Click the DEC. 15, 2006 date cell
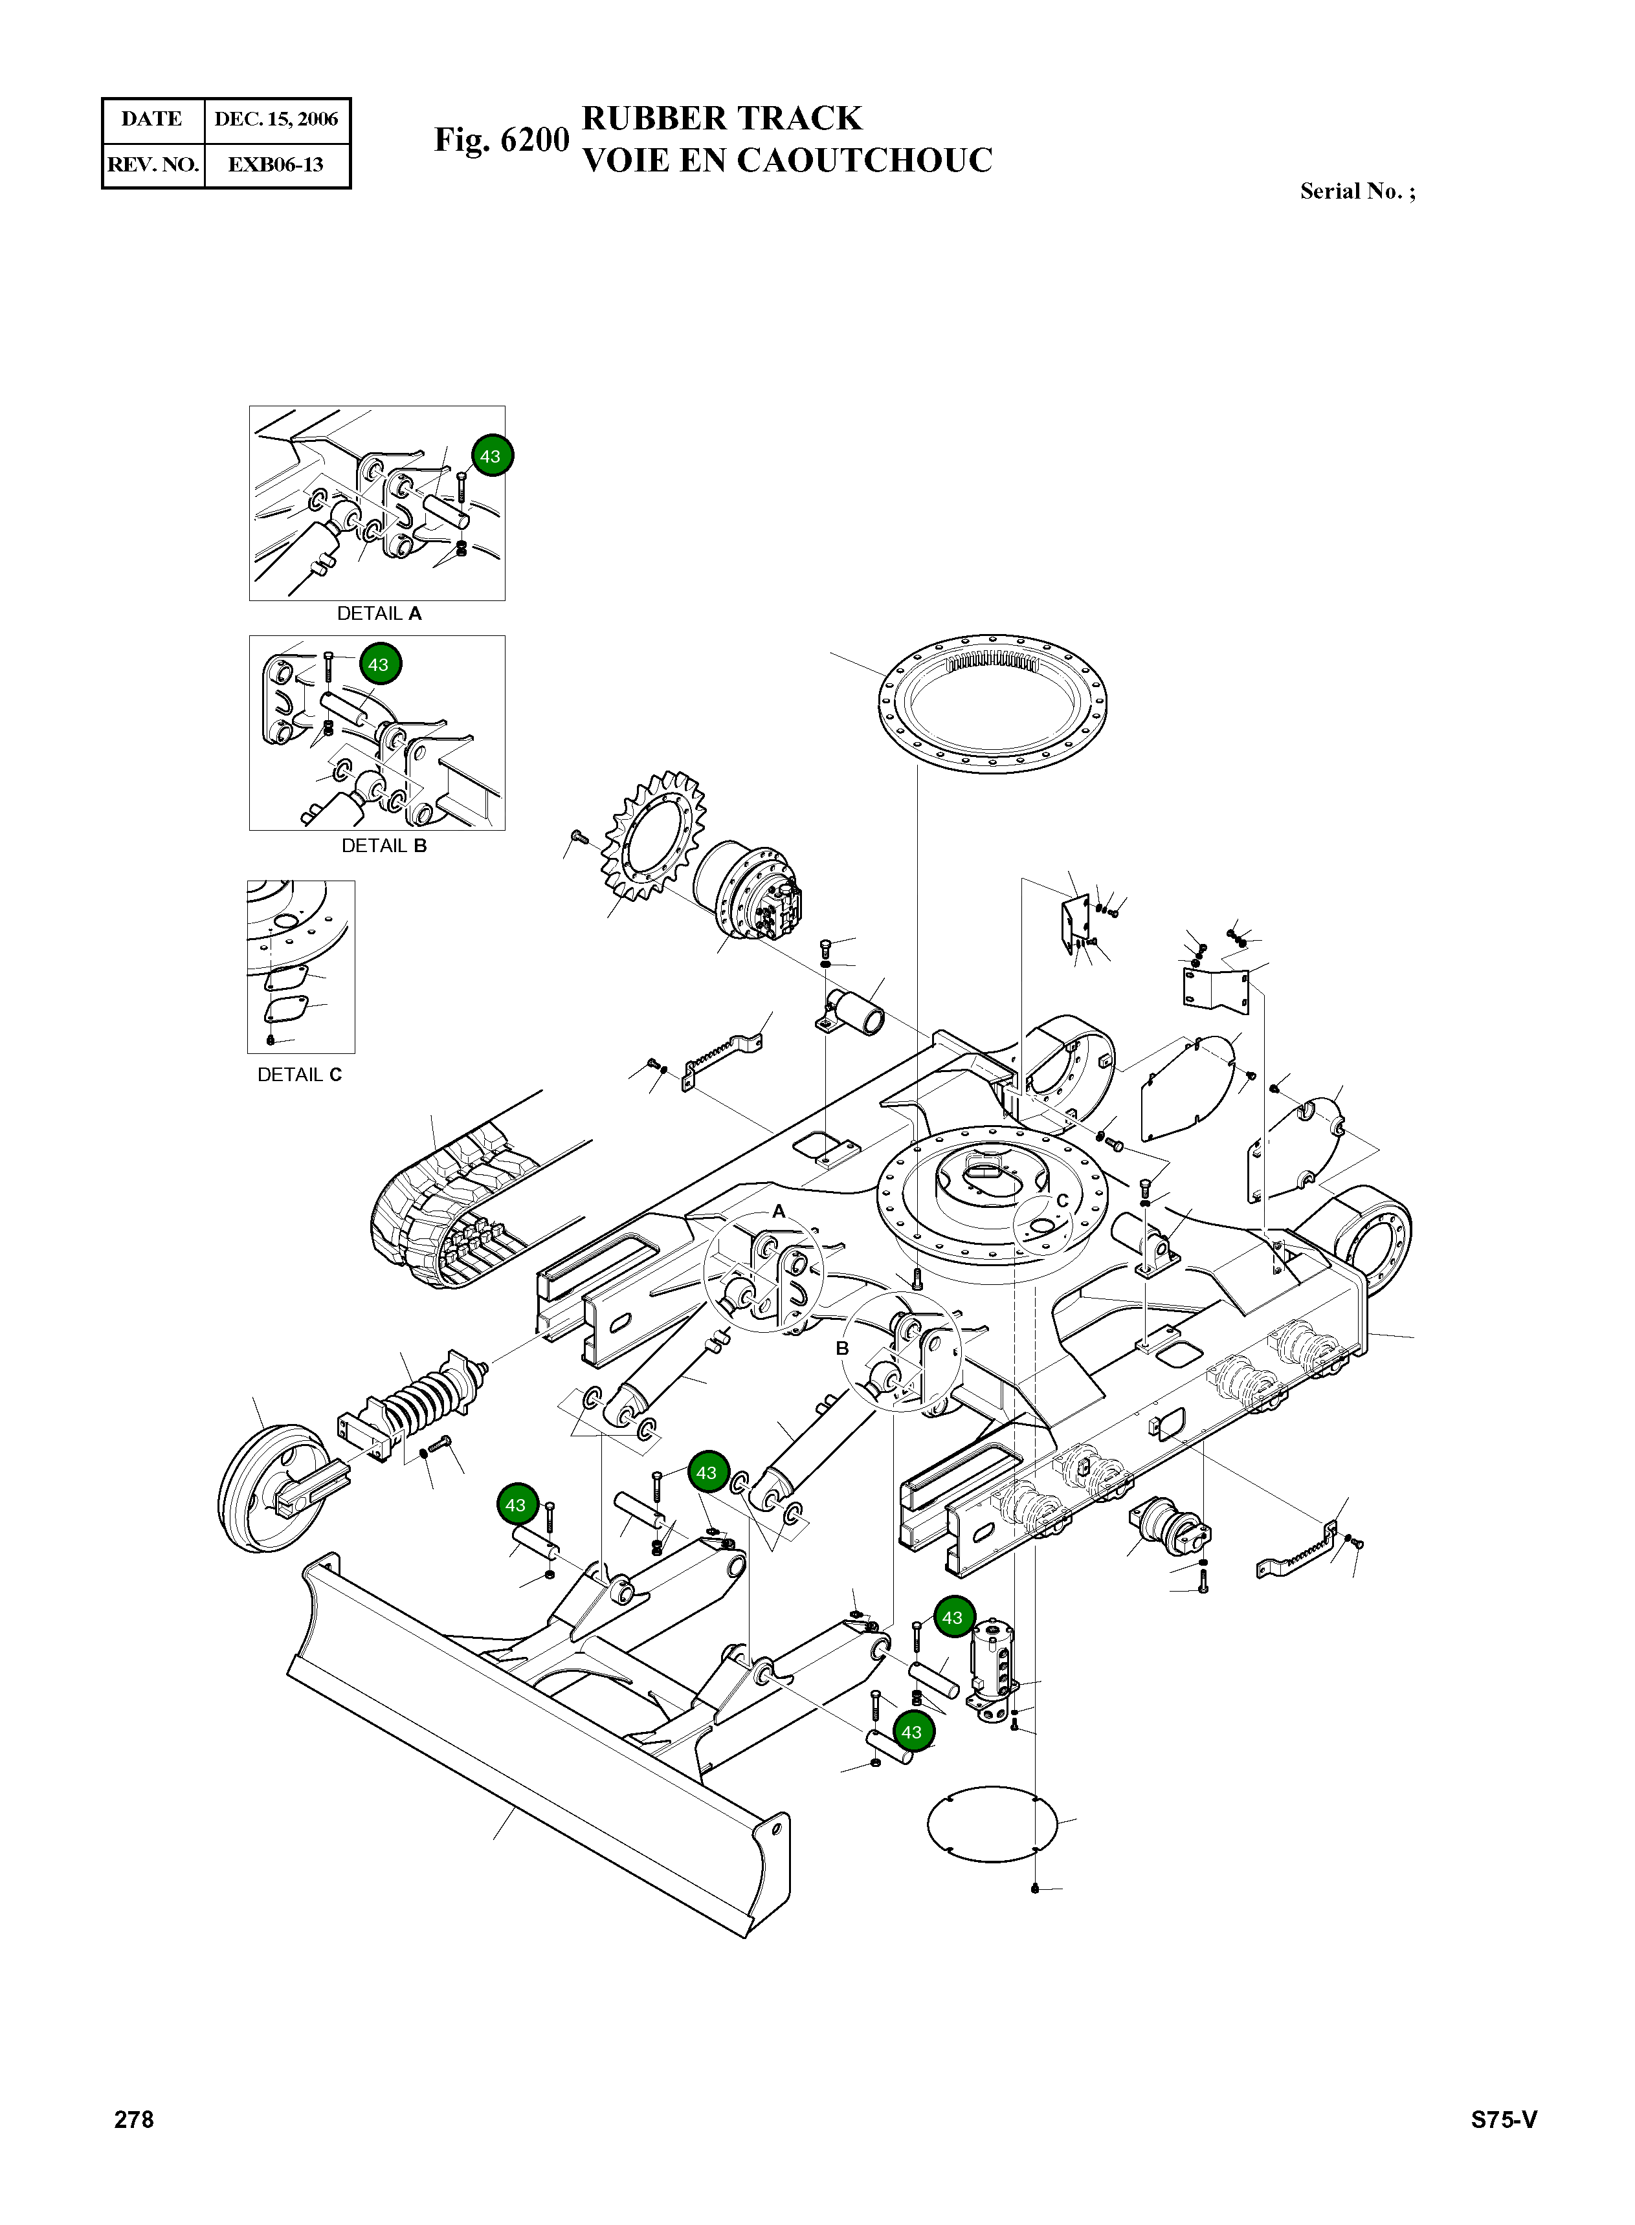276,120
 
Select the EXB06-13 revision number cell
276,165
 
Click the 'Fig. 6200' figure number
502,140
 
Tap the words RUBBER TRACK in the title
722,118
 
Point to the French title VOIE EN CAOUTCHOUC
787,160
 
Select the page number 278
135,2118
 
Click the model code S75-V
1504,2119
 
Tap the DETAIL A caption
379,613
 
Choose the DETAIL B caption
384,846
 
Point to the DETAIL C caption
300,1075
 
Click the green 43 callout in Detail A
490,456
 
